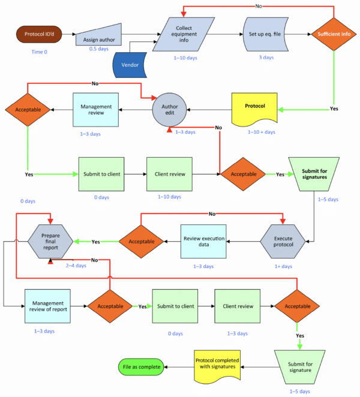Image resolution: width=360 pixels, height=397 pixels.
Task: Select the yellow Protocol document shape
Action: click(255, 109)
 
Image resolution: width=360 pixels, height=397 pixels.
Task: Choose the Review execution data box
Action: click(203, 241)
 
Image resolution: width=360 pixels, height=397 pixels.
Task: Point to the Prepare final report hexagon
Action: click(50, 241)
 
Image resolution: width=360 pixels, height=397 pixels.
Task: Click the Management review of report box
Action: click(48, 306)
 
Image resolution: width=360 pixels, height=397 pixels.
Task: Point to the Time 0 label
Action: click(40, 52)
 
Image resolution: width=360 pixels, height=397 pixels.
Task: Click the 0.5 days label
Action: click(99, 49)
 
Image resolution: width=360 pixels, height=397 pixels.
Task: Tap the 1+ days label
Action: click(283, 266)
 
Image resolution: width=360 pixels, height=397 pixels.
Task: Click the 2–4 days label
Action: click(76, 265)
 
